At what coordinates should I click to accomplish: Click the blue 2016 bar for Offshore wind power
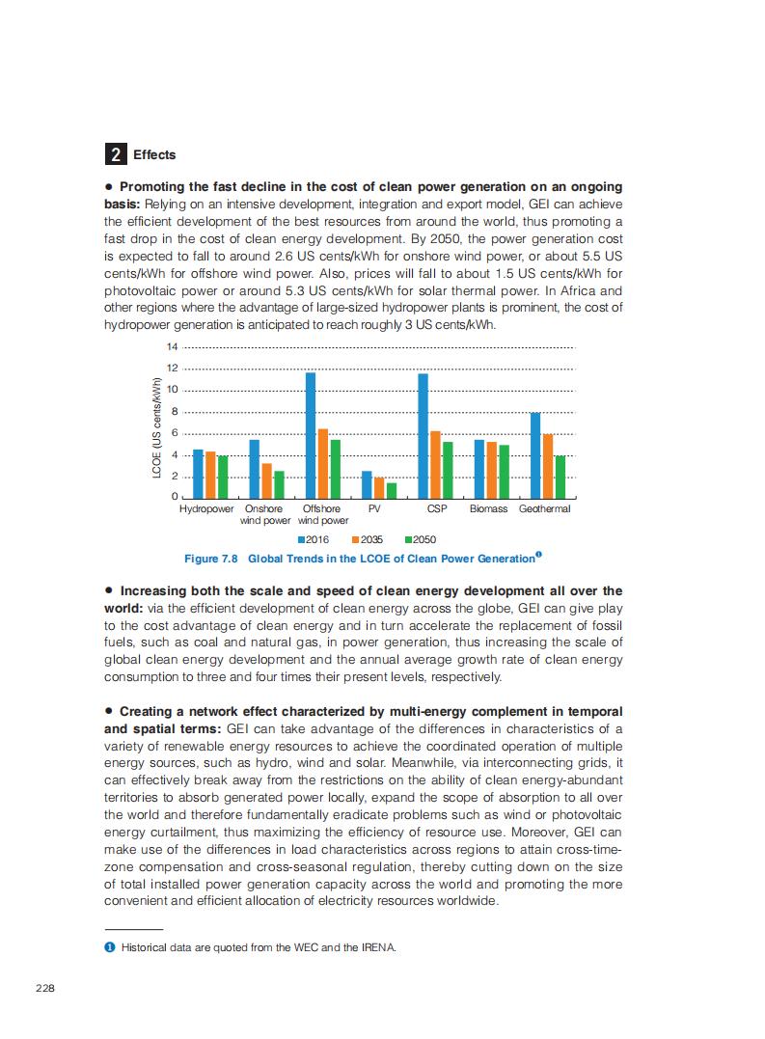tap(311, 435)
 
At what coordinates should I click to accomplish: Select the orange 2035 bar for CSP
tap(435, 464)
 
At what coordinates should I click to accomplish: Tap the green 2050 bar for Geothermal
tap(560, 477)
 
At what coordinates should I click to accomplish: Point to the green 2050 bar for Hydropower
tap(223, 477)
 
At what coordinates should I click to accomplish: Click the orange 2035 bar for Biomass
tap(491, 470)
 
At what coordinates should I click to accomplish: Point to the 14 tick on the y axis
tap(173, 346)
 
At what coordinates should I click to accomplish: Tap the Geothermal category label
tap(544, 508)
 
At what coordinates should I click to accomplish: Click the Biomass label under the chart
tap(488, 508)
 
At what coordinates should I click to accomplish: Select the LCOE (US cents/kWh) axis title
tap(156, 427)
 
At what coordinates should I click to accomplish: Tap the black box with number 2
tap(115, 154)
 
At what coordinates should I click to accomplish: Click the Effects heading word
tap(154, 154)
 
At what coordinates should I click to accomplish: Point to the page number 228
tap(44, 987)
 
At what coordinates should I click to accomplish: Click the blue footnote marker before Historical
tap(109, 947)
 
